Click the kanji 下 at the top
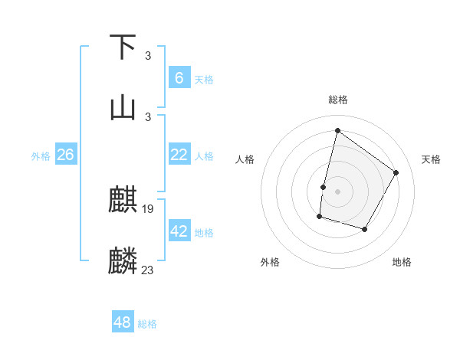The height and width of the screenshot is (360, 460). click(124, 47)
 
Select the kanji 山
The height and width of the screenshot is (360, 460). click(124, 108)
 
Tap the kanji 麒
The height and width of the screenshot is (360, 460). click(124, 201)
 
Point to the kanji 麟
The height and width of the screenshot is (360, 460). click(124, 260)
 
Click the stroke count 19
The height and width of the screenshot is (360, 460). click(149, 208)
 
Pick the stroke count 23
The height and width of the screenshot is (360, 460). click(148, 269)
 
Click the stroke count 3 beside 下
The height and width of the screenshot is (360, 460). click(148, 56)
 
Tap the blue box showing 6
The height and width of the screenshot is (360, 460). click(179, 78)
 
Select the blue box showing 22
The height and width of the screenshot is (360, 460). click(179, 155)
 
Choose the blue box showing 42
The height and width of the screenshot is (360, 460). click(179, 231)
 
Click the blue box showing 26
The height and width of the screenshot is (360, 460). click(65, 155)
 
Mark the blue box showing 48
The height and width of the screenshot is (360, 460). click(123, 323)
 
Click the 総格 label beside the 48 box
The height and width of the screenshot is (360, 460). click(147, 324)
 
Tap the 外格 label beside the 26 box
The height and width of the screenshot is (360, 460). click(41, 155)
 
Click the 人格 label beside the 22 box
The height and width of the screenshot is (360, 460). click(204, 155)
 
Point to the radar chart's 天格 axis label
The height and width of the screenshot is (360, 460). click(431, 159)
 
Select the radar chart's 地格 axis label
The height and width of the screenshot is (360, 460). click(402, 262)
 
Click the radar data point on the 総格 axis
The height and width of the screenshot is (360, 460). click(337, 130)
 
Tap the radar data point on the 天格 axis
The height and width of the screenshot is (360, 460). click(396, 172)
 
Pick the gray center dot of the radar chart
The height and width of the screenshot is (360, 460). click(337, 191)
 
